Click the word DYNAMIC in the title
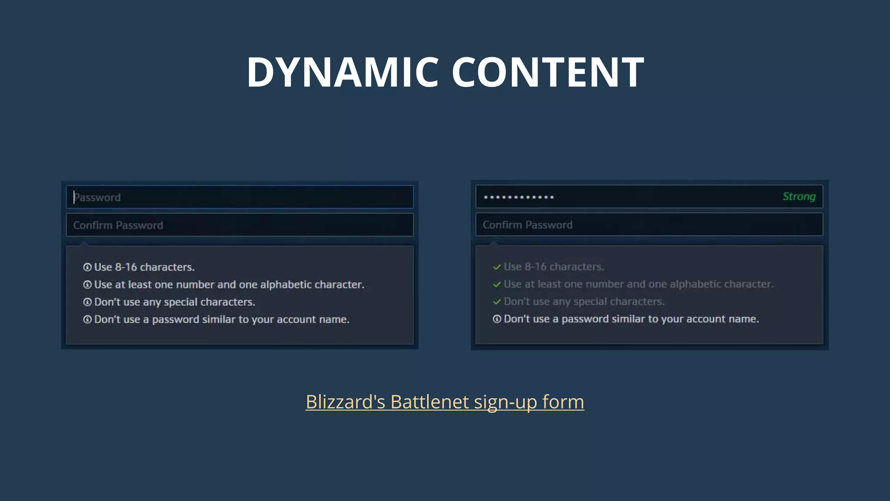click(x=343, y=72)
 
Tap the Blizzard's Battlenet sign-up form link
click(x=445, y=402)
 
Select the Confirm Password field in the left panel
click(x=239, y=225)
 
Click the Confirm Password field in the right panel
click(x=649, y=225)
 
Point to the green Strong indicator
click(x=799, y=197)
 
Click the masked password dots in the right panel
click(x=519, y=197)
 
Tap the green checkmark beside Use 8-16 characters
click(x=497, y=267)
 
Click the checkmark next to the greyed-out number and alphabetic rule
click(x=497, y=284)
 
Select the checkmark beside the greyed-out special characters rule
click(x=497, y=302)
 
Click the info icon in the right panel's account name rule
click(x=497, y=319)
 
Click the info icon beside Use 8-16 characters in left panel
click(x=87, y=267)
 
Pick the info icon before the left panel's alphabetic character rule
click(x=87, y=285)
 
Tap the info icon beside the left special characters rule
click(x=87, y=302)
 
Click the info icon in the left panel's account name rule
click(x=87, y=320)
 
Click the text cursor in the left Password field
click(x=74, y=197)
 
